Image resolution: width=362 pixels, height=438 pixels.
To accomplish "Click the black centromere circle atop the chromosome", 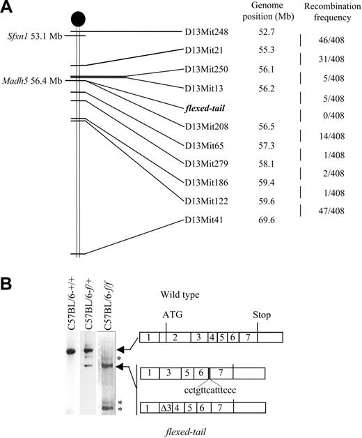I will coord(78,17).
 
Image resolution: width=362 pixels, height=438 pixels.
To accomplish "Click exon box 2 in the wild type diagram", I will coord(175,338).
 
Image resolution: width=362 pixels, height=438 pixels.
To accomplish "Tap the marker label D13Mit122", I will coord(208,202).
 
